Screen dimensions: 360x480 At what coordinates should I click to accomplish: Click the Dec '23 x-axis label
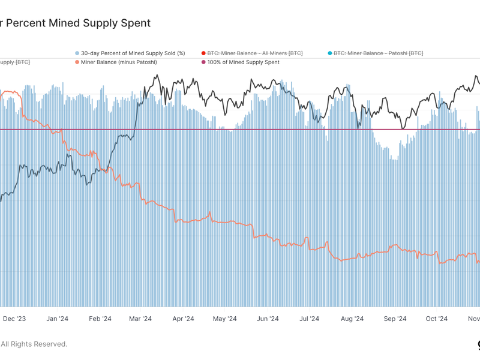tap(13, 319)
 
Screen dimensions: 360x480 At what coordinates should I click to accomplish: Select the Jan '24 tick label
tap(58, 319)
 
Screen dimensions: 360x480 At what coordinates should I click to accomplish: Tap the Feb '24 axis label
tap(100, 319)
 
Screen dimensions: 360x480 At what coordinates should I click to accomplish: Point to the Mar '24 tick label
tap(141, 319)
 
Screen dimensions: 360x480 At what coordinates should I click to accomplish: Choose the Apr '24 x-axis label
tap(183, 319)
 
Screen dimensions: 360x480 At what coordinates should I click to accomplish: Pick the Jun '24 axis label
tap(268, 319)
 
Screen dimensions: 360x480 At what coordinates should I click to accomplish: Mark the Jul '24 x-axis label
tap(308, 319)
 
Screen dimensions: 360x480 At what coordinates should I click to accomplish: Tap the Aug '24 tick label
tap(352, 319)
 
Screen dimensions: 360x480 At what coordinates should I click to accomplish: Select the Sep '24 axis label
tap(395, 319)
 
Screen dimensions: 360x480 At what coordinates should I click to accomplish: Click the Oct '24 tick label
tap(436, 319)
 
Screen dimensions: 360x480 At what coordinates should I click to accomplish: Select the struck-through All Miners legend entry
tap(255, 53)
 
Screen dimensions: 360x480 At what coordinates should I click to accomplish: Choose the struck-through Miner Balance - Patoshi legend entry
tap(378, 53)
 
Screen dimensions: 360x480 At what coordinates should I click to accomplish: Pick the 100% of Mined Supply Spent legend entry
tap(243, 62)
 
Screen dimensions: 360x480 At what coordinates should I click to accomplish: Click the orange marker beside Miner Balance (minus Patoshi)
tap(77, 62)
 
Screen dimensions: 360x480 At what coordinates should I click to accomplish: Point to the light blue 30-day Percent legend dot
tap(77, 53)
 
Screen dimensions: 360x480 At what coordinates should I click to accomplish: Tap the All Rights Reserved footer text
tap(34, 344)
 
